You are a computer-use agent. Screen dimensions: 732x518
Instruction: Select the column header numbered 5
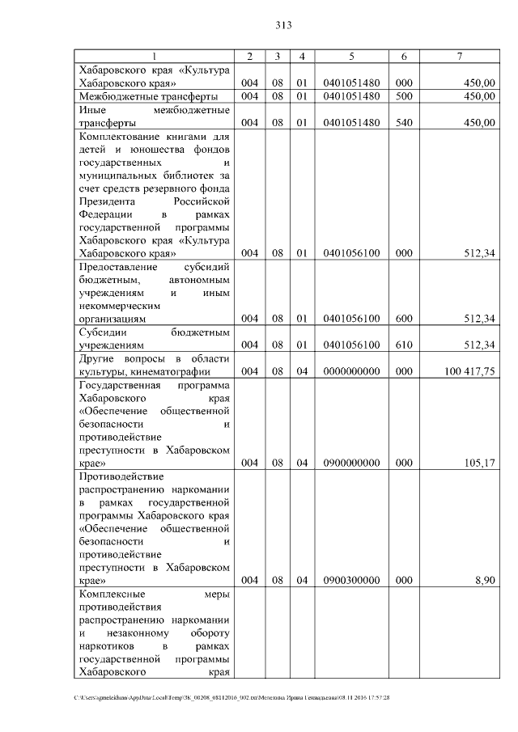(351, 56)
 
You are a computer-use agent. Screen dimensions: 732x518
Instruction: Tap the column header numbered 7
(459, 56)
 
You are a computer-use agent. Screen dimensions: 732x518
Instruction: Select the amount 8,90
(483, 581)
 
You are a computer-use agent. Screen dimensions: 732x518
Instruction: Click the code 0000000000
(351, 371)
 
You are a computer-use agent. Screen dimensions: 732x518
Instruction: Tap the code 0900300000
(351, 581)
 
